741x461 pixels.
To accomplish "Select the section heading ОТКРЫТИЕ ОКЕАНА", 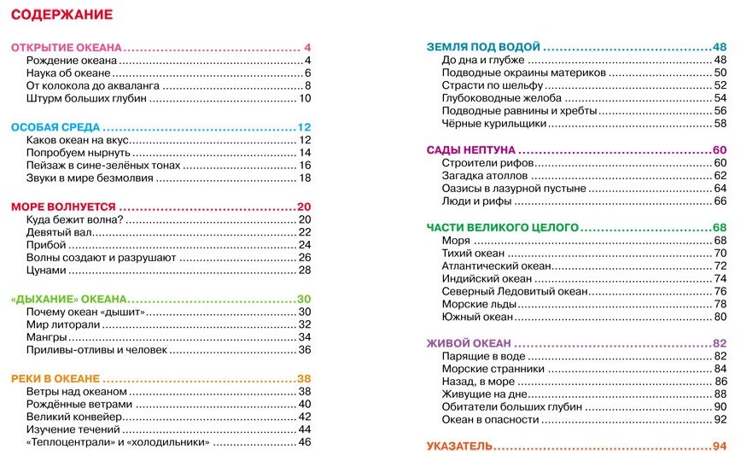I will [67, 47].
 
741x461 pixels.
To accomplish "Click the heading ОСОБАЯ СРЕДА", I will [55, 126].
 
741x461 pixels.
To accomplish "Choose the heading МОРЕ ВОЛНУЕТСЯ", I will [63, 207].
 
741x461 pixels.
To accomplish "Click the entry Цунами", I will [46, 270].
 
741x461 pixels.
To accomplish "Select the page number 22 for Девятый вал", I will [304, 232].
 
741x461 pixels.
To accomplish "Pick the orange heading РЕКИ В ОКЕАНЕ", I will [55, 378].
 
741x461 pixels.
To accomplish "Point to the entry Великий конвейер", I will [75, 417].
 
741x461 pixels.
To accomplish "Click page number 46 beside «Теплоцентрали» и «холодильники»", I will [304, 442].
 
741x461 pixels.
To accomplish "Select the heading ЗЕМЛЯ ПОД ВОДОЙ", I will [483, 47].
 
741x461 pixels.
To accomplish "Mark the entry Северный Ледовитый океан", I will [514, 291].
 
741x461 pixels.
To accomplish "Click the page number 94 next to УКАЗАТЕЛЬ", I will [719, 446].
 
